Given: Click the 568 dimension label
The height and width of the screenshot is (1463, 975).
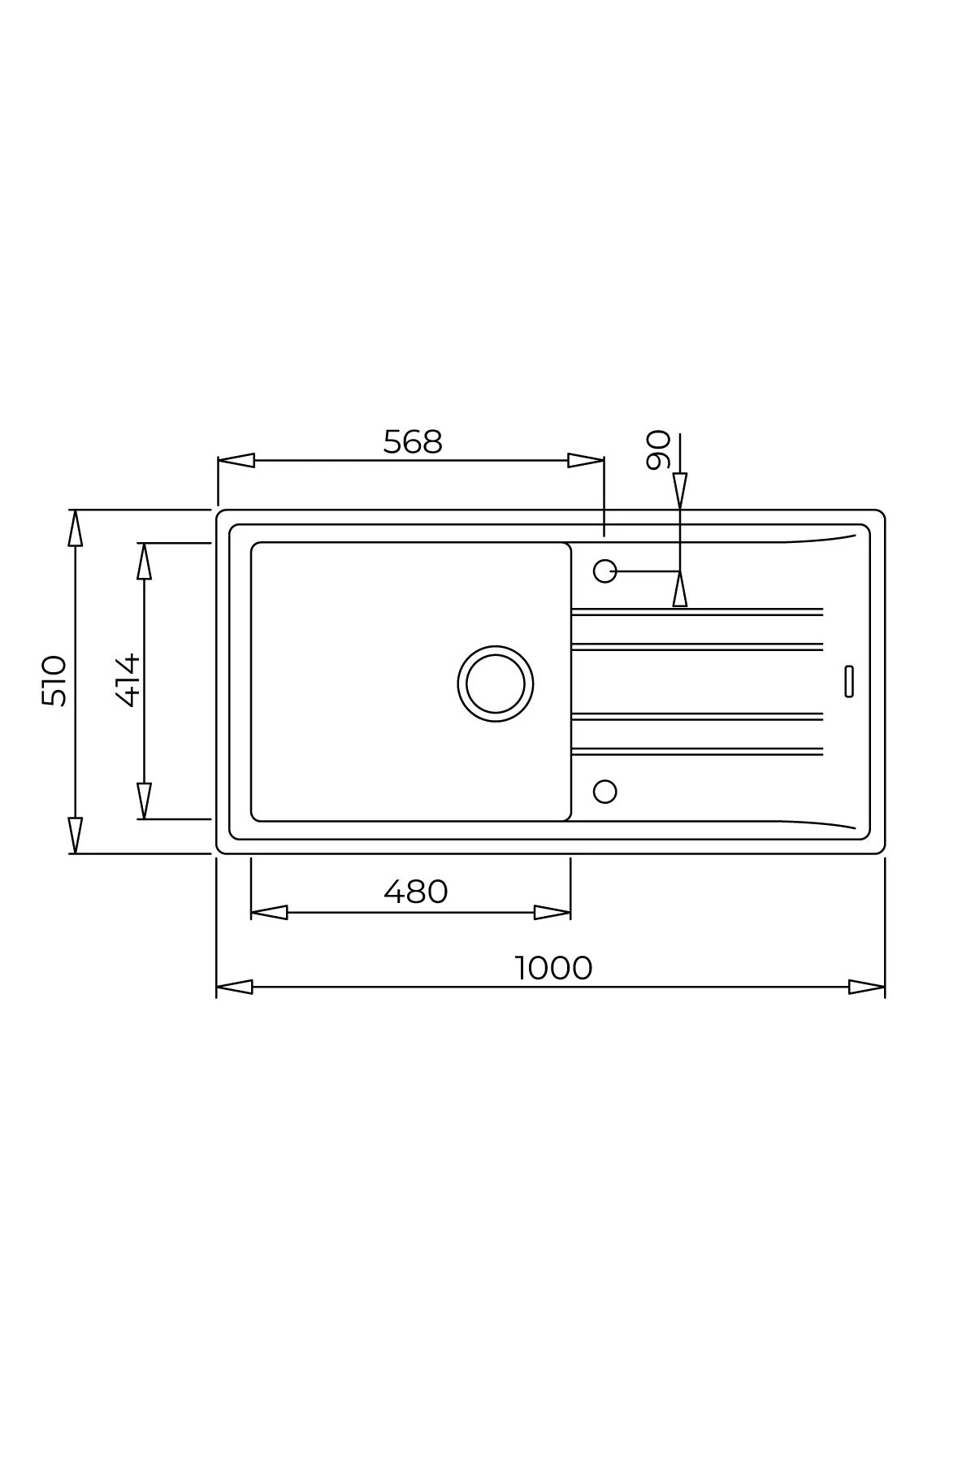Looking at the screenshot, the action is (413, 442).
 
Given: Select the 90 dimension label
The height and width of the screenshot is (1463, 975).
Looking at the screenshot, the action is (658, 450).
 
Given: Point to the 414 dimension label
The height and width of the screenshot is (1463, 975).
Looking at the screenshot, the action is (128, 680).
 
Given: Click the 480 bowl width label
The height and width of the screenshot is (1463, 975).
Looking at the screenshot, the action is (415, 892).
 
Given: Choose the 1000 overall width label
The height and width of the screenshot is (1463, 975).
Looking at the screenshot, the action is (553, 968).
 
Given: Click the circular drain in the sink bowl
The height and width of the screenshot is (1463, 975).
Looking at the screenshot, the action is (496, 684).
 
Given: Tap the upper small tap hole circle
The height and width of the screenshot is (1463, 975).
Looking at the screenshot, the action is (605, 571).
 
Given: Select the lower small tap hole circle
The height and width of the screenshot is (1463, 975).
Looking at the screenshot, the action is (605, 791).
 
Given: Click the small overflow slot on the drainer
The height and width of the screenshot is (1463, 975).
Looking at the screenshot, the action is (849, 681).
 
